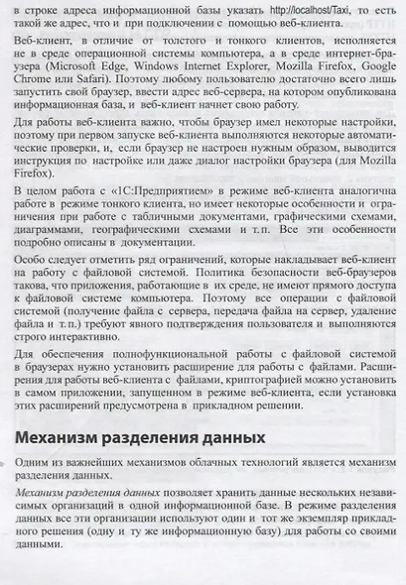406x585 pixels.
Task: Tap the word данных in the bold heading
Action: click(235, 436)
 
